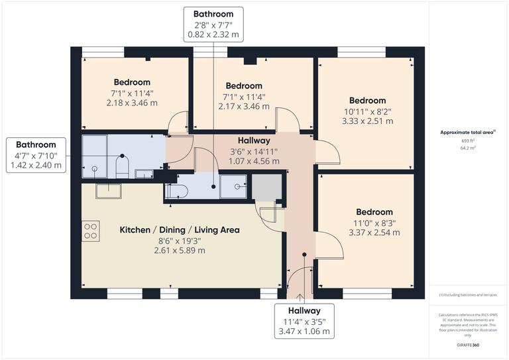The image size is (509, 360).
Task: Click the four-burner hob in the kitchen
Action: [91, 230]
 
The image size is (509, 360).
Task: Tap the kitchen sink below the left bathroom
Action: [107, 191]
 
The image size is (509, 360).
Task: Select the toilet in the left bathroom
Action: [121, 166]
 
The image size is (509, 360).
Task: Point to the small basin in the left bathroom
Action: [144, 174]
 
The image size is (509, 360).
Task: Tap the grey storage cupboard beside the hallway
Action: [266, 188]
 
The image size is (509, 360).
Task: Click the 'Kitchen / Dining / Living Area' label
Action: [179, 230]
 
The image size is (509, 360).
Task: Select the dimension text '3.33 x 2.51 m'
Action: [367, 121]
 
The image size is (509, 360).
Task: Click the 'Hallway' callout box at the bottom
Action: [304, 321]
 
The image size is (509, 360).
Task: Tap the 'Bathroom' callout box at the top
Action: [213, 24]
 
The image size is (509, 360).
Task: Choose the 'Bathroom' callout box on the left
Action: [36, 155]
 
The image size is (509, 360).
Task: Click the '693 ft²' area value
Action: [469, 141]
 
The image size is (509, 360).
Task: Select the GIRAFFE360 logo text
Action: [469, 346]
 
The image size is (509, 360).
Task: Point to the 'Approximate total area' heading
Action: [467, 133]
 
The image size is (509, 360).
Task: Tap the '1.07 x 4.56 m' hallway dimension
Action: [254, 161]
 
